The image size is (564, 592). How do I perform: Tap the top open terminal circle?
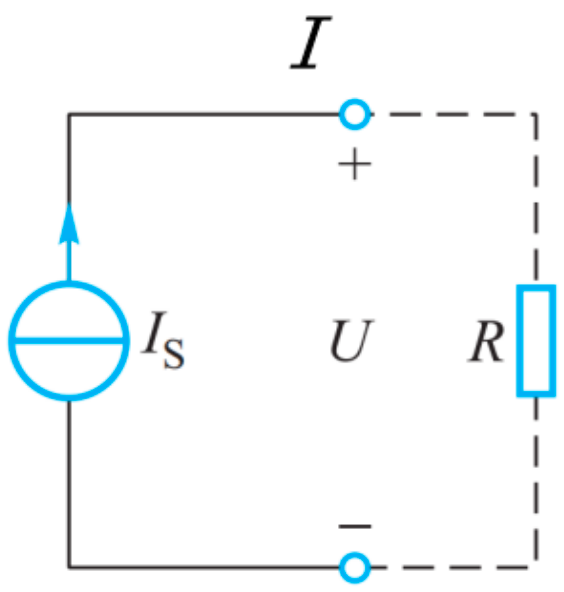353,114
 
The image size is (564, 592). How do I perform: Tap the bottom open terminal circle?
353,568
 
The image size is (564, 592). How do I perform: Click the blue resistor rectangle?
536,340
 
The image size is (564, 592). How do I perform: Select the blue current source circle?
69,340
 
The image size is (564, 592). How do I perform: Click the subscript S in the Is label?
174,355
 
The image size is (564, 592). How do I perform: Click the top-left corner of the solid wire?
69,114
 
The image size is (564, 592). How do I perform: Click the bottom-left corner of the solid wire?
69,568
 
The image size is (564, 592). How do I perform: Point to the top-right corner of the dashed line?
536,114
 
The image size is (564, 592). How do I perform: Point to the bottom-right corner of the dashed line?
536,568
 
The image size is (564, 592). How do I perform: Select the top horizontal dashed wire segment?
450,114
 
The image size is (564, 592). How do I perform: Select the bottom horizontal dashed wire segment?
450,568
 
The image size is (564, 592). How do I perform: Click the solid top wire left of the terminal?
200,114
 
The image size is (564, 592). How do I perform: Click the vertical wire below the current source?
69,480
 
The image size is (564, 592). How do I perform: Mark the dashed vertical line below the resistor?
536,480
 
